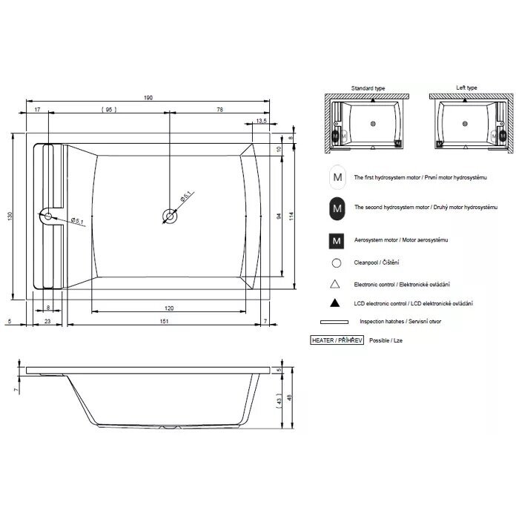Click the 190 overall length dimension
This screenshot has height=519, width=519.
148,98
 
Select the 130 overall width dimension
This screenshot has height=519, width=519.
10,216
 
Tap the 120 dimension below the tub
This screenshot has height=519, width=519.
169,308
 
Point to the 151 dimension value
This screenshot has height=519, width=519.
164,321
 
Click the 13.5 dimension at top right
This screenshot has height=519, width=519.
261,121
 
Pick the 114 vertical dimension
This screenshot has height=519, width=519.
291,216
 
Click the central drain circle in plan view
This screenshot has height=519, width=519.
170,216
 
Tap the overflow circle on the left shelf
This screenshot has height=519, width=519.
48,216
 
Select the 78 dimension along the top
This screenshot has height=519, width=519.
219,110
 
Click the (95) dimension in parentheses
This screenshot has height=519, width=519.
109,110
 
